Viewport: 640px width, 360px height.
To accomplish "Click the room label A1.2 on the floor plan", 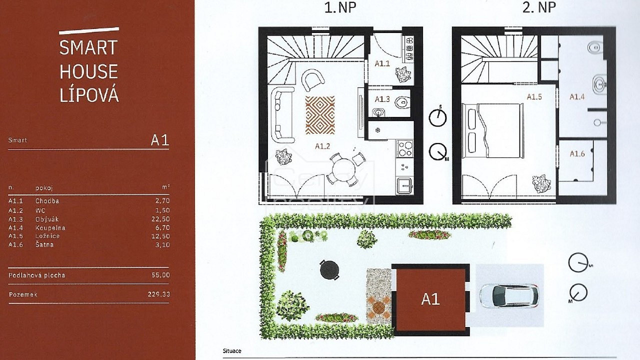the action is [322, 146].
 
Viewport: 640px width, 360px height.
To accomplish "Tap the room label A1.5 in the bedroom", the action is [534, 97].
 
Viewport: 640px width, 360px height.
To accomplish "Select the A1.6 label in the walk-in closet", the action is [577, 154].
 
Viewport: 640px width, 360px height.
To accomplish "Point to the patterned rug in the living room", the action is [320, 115].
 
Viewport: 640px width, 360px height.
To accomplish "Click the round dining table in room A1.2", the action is [344, 170].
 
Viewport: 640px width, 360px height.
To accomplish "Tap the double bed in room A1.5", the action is [493, 130].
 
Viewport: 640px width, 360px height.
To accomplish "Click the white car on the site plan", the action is [508, 295].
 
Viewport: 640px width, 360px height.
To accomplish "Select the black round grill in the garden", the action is [329, 269].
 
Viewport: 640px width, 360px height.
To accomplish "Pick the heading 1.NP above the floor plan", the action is [340, 7].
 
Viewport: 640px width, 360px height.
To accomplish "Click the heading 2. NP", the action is [539, 7].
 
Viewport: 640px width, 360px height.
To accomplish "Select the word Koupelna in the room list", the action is [50, 228].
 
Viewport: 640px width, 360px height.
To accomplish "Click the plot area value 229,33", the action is [159, 294].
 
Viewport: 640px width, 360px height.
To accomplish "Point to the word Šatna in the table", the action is [44, 244].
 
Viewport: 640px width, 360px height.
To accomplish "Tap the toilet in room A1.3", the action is [403, 102].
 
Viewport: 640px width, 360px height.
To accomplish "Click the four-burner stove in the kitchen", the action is [404, 148].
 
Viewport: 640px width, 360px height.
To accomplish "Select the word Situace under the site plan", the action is [232, 351].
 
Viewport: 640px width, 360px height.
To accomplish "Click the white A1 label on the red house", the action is [430, 299].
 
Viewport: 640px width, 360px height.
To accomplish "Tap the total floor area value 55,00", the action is [160, 275].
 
